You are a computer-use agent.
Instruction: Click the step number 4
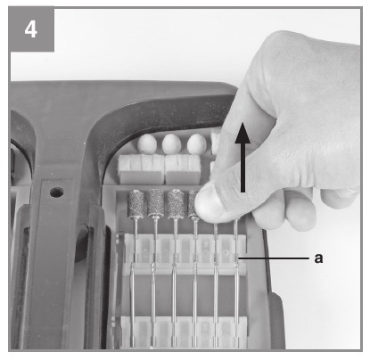point(30,29)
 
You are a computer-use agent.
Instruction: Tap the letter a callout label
point(318,258)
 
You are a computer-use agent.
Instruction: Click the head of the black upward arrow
point(243,133)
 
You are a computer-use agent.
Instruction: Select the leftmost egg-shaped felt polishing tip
point(147,143)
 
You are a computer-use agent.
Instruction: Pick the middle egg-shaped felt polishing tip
point(171,143)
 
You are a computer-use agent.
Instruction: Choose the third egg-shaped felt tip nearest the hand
point(196,143)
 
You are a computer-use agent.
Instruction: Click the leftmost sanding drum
point(136,203)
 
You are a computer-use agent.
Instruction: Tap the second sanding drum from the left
point(156,202)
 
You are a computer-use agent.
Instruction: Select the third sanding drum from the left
point(176,203)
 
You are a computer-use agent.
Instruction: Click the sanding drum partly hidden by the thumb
point(193,203)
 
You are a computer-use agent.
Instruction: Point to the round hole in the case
point(56,192)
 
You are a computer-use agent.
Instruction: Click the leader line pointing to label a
point(274,258)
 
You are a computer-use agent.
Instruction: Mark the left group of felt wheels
point(141,168)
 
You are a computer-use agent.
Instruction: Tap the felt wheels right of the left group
point(183,168)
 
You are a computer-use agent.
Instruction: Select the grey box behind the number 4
point(31,29)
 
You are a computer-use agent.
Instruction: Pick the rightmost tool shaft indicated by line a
point(236,282)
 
